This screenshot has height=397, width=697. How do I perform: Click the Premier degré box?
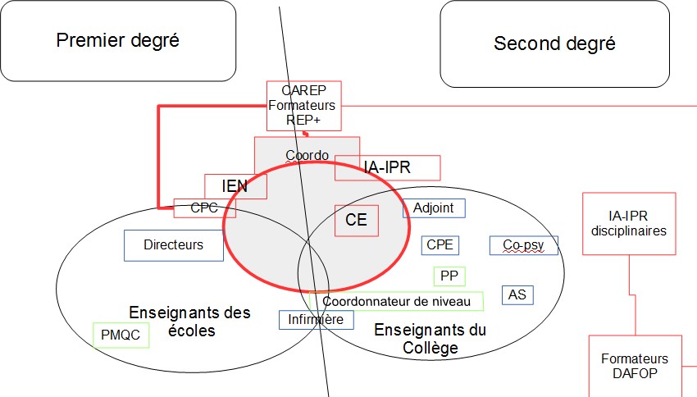coord(118,40)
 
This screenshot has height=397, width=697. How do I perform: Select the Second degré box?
coord(554,43)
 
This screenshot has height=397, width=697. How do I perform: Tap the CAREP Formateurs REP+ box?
coord(303,105)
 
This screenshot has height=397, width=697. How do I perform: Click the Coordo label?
coord(307,155)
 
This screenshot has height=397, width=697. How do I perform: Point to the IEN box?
coord(235,186)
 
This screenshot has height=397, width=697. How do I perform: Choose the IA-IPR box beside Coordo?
coord(387,168)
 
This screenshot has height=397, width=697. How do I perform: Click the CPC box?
coord(204,208)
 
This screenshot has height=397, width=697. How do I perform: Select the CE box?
coord(356,220)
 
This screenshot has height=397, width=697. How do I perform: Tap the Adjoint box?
coord(434,208)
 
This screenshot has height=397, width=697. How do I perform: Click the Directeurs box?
coord(173,244)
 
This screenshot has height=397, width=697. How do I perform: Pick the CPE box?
coord(440,244)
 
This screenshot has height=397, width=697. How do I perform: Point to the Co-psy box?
coord(523,244)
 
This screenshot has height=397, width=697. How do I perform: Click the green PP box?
coord(449,276)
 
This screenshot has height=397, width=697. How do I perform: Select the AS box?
coord(517,294)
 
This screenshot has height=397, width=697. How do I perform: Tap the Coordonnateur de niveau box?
coord(397,302)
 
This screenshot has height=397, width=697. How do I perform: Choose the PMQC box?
coord(121,334)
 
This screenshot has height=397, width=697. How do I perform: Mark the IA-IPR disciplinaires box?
coord(629,223)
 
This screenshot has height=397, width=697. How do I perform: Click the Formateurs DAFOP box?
coord(635,365)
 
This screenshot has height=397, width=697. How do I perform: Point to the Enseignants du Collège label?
coord(430,339)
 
